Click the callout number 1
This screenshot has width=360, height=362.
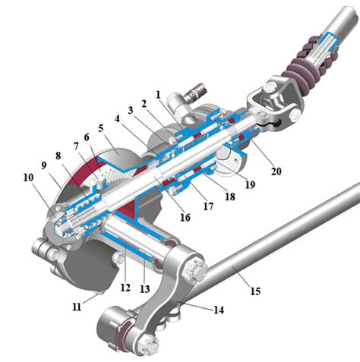click(x=158, y=95)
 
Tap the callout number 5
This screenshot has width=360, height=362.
click(x=101, y=128)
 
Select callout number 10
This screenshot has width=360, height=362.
click(x=28, y=178)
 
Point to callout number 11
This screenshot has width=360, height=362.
click(x=77, y=307)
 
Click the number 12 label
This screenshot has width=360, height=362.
click(x=125, y=288)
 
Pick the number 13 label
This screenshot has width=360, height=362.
click(x=145, y=289)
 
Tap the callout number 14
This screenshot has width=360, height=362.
click(x=219, y=310)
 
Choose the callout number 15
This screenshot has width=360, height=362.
click(x=255, y=291)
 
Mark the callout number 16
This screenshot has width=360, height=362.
click(x=185, y=218)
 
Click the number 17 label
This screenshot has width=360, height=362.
click(x=208, y=206)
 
